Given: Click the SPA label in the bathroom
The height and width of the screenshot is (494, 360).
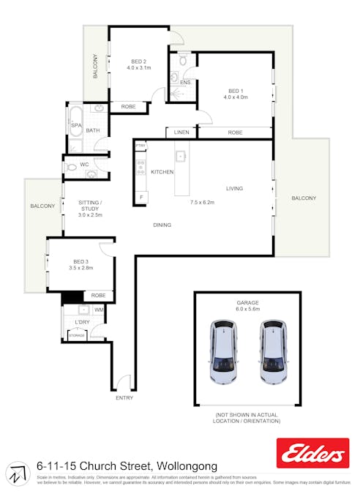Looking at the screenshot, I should pos(76,125).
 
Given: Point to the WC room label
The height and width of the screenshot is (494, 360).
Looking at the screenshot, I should pos(84,165).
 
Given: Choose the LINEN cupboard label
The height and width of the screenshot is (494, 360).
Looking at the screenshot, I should pos(181,132).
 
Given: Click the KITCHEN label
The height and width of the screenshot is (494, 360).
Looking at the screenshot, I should pos(162,172).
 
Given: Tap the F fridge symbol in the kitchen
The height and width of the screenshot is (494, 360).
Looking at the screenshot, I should pos(140,196).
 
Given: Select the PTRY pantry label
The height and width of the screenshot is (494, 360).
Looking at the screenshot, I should pos(140,146).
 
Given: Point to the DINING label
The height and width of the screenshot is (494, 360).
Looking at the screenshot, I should pos(162,225).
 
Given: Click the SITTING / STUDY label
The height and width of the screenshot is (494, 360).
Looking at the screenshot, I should pos(91,209).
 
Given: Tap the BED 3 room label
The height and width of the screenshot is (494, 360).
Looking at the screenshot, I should pos(81,262).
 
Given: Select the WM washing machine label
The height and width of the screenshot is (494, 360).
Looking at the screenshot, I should pos(99,310).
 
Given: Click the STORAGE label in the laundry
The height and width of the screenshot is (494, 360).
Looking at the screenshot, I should pos(77,336).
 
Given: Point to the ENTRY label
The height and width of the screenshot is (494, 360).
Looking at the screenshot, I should pos(124,397).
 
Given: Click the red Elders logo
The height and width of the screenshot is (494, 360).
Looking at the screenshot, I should pos(312,454).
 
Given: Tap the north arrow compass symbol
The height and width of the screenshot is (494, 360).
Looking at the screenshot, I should pos(17,474).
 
